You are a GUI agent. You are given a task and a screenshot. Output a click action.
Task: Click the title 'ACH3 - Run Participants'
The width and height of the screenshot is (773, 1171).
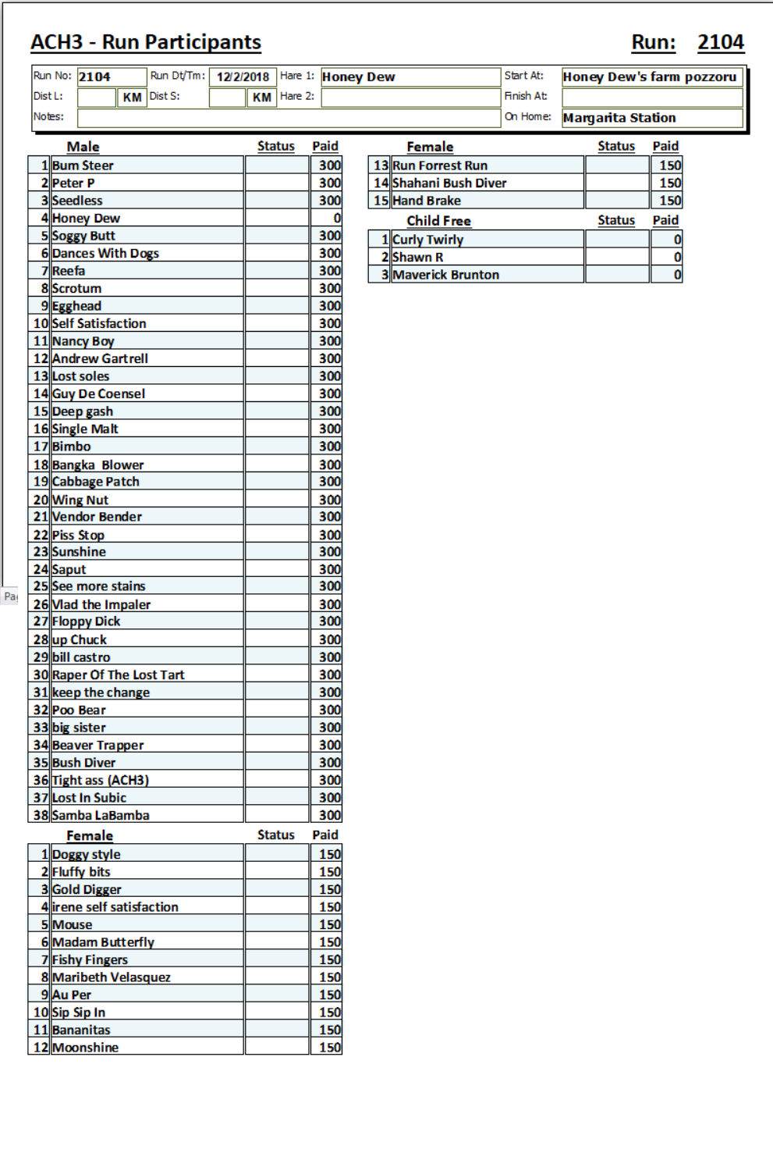pos(146,42)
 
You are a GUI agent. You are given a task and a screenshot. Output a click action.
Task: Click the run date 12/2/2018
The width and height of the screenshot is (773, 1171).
pos(243,77)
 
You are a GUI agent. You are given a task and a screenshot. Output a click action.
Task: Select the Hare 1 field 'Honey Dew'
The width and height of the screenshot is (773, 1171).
pos(359,77)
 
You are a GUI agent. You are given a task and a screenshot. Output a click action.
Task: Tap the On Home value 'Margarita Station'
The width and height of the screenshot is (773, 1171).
pos(619,118)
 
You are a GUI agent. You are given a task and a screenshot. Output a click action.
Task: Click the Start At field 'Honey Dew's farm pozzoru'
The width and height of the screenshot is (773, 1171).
pos(649,77)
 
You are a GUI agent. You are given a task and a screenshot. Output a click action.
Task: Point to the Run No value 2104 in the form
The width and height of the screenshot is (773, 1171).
pos(94,77)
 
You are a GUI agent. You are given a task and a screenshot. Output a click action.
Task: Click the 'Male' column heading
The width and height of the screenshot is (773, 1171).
pos(83,147)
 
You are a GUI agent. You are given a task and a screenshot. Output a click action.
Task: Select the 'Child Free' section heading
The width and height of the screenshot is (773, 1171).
pos(438,221)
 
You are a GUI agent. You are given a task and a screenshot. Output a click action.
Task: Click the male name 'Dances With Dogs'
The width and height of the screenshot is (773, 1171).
pos(105,253)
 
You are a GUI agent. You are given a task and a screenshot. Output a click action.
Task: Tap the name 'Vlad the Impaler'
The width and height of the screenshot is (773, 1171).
pos(101,604)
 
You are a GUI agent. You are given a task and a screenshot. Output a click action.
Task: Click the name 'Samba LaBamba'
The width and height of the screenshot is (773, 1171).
pos(101,815)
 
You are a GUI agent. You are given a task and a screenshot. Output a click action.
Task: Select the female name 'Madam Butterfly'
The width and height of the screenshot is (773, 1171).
pos(103,942)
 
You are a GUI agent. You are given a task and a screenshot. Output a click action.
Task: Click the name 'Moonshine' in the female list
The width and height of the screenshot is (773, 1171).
pos(85,1048)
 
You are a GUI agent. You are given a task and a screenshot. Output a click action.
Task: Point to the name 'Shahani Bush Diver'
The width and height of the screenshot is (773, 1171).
pos(449,183)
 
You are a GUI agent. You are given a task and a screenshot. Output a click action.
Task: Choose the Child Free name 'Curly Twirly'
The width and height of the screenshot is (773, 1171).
pos(427,240)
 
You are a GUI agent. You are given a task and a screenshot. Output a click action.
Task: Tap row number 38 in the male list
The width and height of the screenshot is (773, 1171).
pos(41,815)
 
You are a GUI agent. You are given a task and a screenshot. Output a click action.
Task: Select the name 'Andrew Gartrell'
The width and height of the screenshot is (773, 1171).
pos(100,358)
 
